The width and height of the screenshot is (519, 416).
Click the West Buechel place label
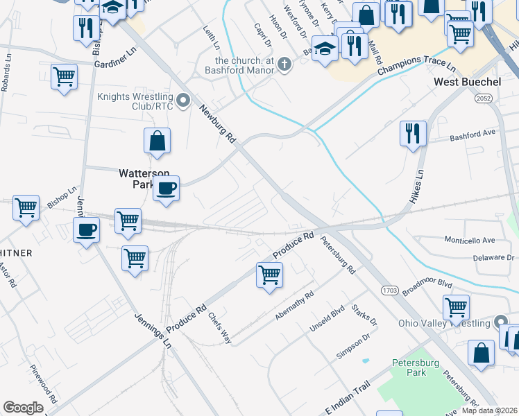(x=466, y=83)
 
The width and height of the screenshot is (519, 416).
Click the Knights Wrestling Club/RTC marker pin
(x=184, y=101)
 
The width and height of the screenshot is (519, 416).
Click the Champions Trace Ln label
(x=416, y=67)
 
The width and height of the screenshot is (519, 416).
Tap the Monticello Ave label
(x=469, y=240)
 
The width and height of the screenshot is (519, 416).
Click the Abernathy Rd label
(x=295, y=306)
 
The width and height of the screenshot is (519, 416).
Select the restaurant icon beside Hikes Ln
(x=413, y=132)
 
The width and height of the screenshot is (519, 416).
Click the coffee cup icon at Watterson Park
(x=167, y=188)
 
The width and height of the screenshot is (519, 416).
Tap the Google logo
(x=24, y=408)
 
